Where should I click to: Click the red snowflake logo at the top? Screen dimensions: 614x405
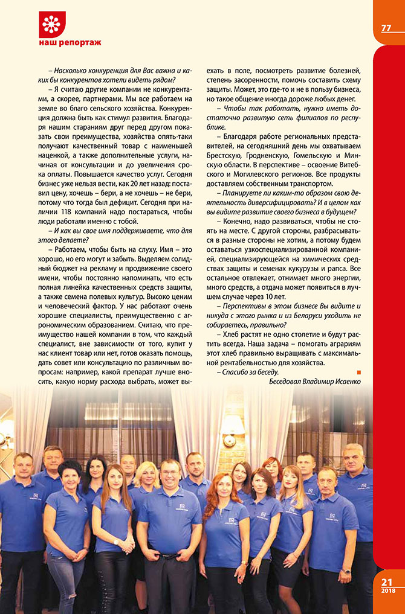(51, 24)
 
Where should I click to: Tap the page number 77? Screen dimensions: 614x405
(387, 28)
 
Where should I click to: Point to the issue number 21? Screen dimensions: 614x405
(387, 582)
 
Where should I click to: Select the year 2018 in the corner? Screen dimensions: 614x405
(387, 592)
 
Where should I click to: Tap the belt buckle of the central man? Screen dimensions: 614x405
(170, 556)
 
